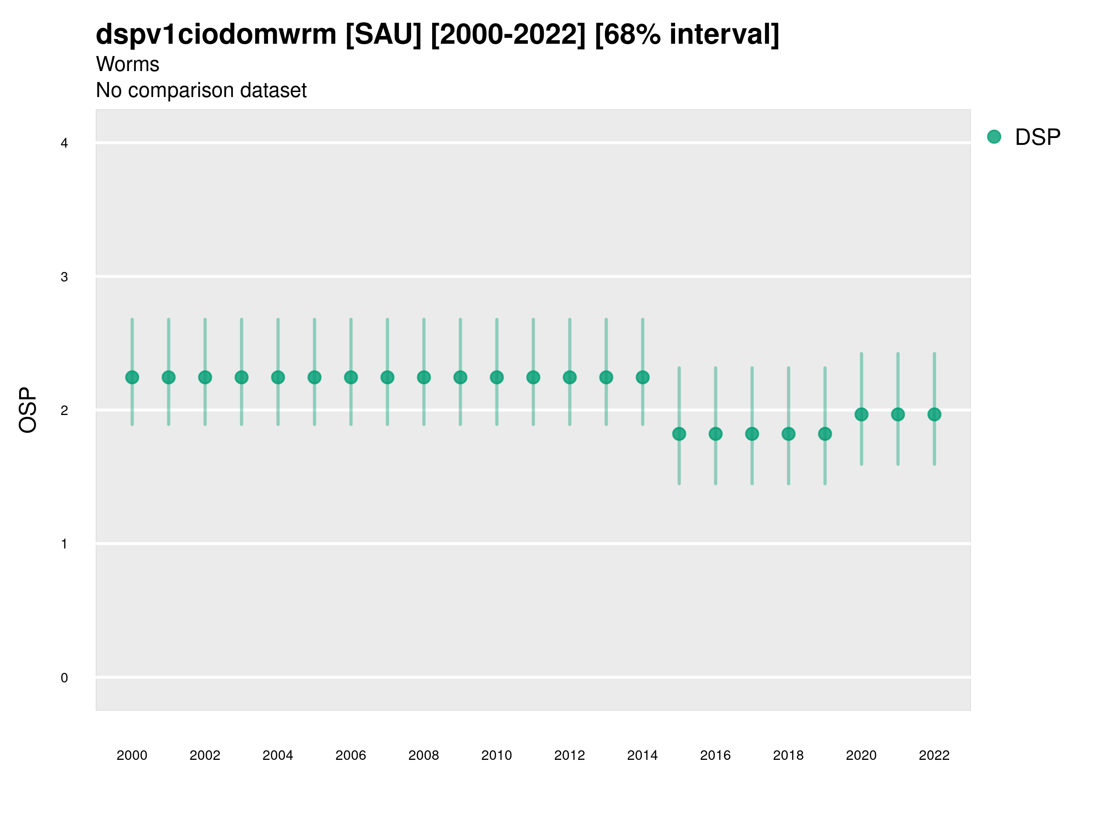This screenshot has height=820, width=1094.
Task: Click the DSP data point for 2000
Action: click(132, 378)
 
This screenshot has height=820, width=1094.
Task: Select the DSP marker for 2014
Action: click(642, 378)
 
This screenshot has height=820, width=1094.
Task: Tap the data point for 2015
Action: click(679, 434)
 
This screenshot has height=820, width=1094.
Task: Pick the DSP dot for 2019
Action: click(825, 434)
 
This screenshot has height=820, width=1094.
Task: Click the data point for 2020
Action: click(862, 415)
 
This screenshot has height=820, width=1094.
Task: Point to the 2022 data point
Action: click(934, 415)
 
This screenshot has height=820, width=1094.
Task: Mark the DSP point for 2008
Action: click(424, 378)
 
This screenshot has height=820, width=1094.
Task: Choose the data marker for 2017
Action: click(752, 434)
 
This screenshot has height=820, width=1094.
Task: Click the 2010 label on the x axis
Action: click(496, 755)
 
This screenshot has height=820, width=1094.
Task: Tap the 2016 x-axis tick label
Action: click(716, 755)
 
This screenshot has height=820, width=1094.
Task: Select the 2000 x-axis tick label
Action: click(132, 755)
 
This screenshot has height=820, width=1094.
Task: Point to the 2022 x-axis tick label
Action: click(934, 755)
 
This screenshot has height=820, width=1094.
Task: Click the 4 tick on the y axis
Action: click(64, 143)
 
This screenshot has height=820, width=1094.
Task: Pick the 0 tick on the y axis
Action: click(64, 678)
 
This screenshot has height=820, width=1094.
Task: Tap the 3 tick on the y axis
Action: click(64, 277)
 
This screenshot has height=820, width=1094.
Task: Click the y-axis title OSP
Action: click(28, 410)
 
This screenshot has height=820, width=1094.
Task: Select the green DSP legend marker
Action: click(994, 137)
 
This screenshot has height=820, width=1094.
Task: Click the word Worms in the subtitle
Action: click(128, 64)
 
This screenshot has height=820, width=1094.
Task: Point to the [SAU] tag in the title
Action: click(383, 35)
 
